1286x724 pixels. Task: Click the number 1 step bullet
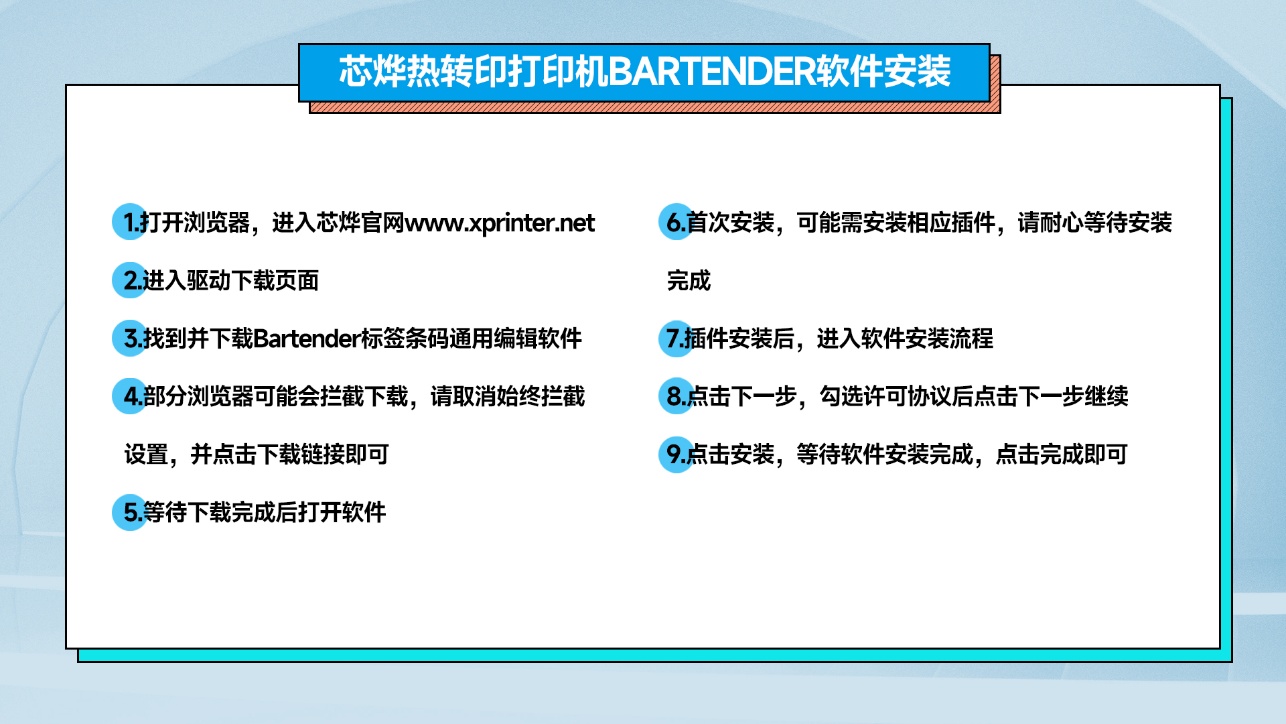pos(130,222)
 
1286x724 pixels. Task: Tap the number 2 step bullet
pos(130,280)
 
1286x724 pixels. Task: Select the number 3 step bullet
pos(130,338)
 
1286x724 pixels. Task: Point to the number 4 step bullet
pos(130,396)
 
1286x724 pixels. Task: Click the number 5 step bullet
pos(130,512)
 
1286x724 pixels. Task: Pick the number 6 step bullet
pos(676,222)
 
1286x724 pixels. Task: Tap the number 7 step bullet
pos(676,338)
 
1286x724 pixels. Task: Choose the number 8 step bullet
pos(676,396)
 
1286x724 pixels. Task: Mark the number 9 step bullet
pos(676,454)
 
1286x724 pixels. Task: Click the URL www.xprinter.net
pos(500,223)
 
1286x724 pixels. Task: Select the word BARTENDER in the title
pos(712,72)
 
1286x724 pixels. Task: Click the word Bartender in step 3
pos(307,339)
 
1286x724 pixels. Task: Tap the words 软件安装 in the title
pos(883,72)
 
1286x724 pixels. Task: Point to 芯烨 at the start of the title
pos(372,72)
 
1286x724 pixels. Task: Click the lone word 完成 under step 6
pos(689,280)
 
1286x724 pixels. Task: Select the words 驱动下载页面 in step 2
pos(253,280)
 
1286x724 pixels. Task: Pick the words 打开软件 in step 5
pos(342,512)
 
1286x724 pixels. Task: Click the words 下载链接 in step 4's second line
pos(301,455)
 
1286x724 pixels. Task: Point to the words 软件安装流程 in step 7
pos(927,339)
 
